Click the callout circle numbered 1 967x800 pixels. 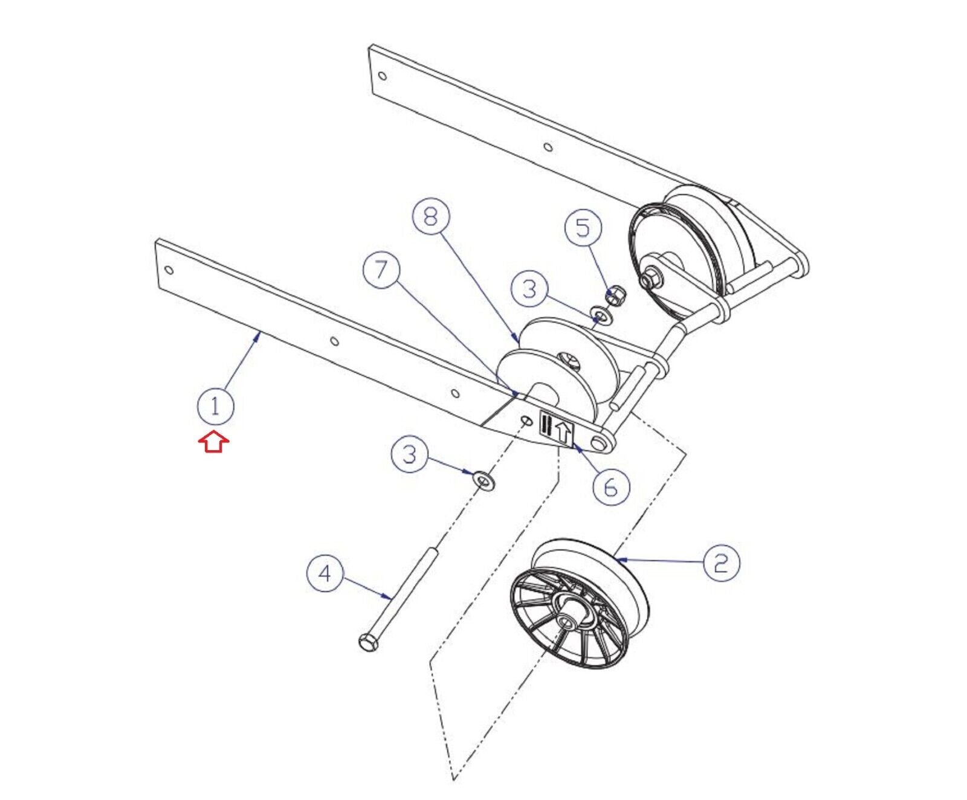(215, 407)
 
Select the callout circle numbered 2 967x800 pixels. (721, 563)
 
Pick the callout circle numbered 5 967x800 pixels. (583, 228)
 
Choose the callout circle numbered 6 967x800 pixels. (611, 486)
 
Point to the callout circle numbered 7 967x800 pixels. (381, 270)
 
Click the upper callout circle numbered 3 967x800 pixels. (529, 289)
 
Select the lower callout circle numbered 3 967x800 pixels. (410, 454)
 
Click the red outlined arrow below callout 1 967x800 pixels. (213, 442)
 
